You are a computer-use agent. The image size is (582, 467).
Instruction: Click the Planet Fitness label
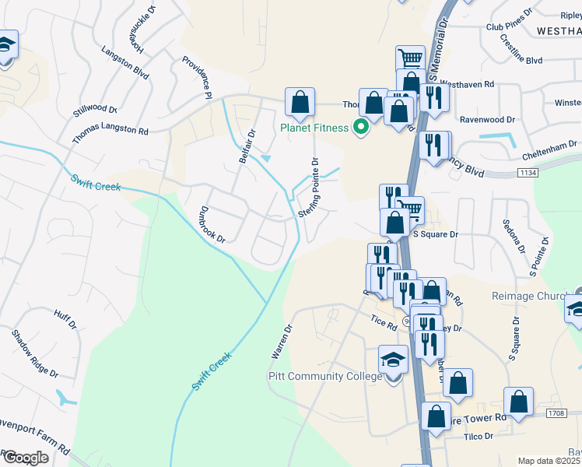314,128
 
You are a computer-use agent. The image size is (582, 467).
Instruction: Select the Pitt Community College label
324,376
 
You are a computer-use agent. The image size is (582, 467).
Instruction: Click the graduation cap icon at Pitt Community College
393,360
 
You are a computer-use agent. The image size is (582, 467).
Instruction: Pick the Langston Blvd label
124,61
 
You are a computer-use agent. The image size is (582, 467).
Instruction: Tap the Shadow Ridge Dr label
35,353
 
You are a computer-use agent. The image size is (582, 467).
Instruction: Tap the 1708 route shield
556,413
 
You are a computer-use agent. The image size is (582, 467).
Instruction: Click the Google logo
26,458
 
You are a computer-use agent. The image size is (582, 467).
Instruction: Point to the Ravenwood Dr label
488,120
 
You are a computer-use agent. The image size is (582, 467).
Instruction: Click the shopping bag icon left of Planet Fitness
300,100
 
